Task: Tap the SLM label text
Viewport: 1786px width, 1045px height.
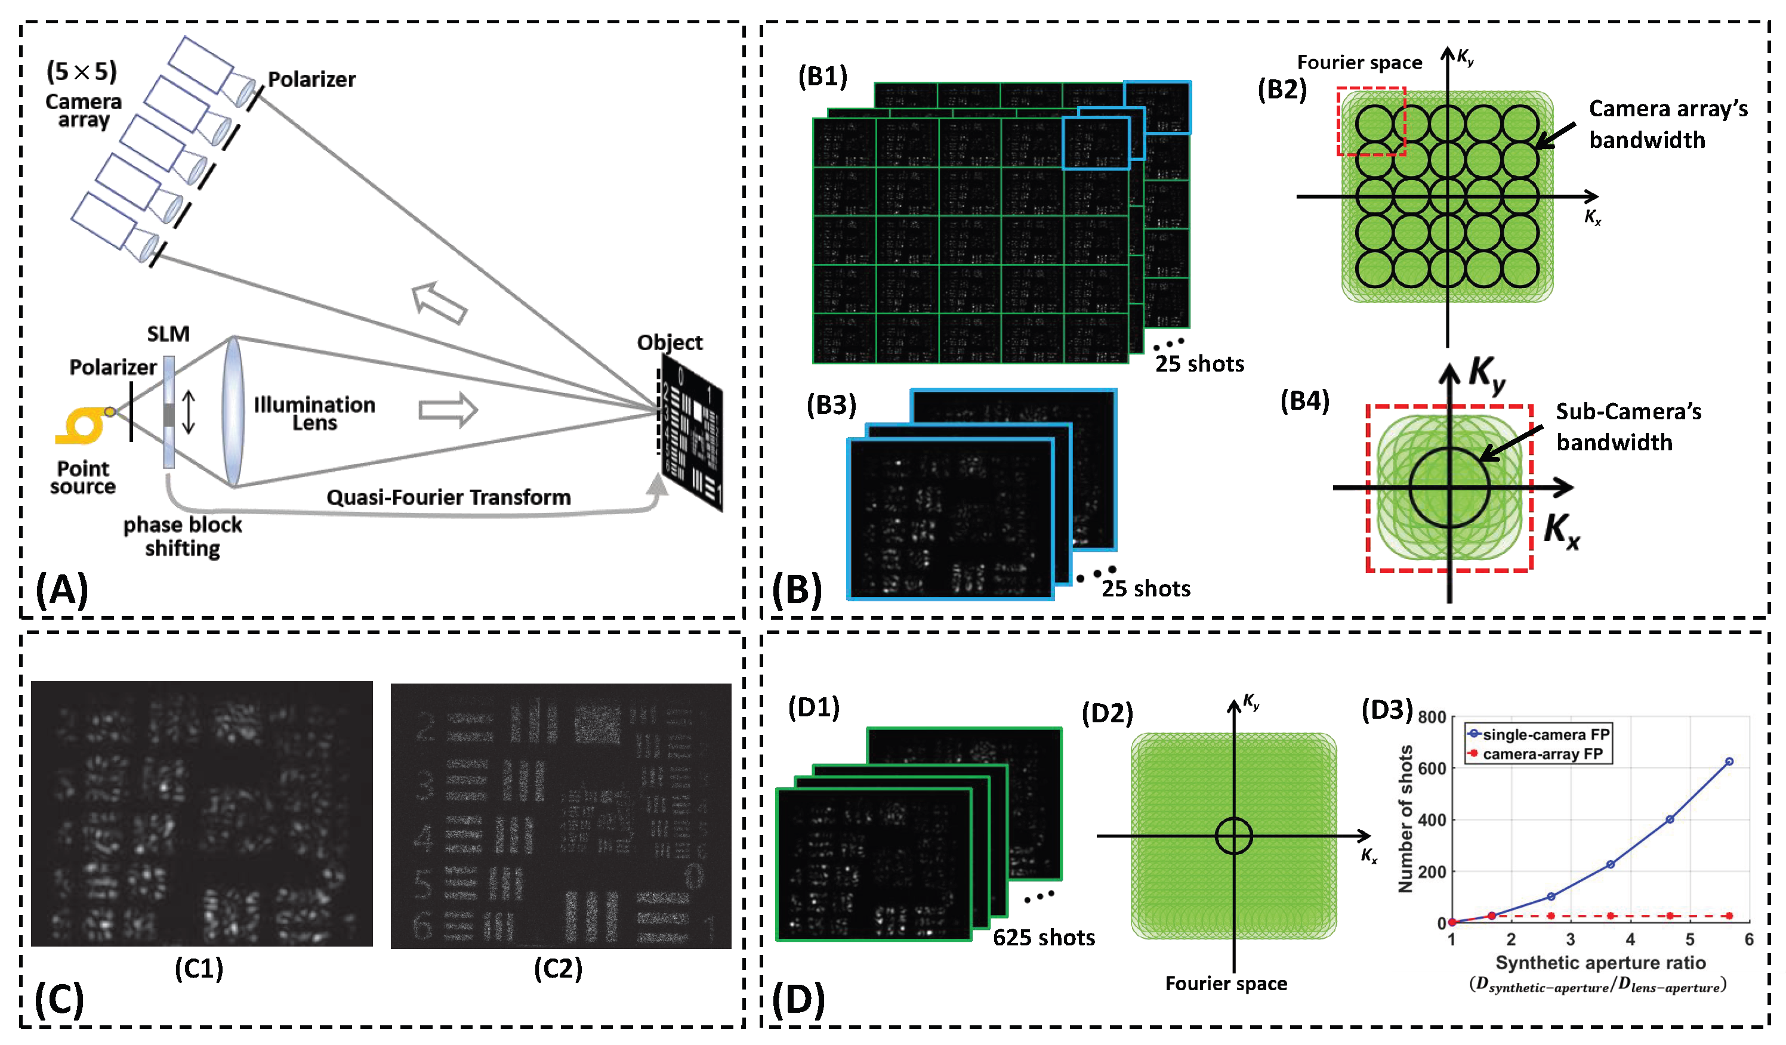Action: pos(168,333)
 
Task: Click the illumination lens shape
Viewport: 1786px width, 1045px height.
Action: pos(233,412)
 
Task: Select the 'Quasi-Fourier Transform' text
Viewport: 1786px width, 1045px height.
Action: pos(448,497)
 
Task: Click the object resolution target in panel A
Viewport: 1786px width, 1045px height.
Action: pos(691,433)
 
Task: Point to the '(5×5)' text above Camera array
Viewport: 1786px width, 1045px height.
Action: pos(82,71)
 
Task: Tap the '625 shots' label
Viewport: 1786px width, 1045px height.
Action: pos(1043,938)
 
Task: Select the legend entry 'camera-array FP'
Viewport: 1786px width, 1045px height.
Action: pos(1542,754)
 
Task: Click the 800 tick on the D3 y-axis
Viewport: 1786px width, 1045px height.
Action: pos(1431,717)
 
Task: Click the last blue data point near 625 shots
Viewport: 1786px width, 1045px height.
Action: pos(1729,762)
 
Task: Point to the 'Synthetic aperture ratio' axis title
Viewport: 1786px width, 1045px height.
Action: pos(1600,962)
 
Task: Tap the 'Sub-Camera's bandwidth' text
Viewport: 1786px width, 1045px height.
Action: pos(1627,426)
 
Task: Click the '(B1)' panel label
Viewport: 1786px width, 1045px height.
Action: pos(822,76)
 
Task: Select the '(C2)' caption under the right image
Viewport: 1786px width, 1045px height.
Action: pos(558,968)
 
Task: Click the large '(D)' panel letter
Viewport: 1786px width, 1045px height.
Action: pos(798,999)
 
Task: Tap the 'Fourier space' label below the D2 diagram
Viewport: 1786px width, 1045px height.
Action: pos(1226,984)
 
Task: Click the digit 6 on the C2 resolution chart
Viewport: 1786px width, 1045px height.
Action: pos(422,925)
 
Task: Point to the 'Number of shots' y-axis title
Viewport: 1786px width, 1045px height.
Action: pos(1405,818)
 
